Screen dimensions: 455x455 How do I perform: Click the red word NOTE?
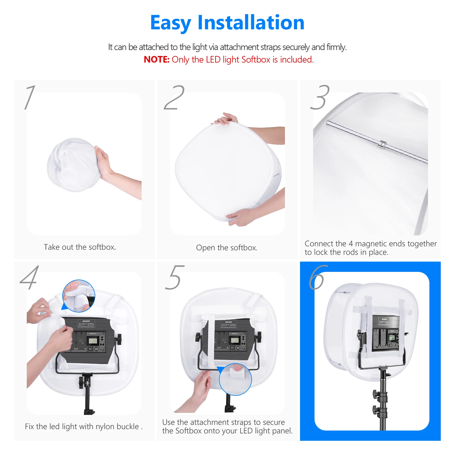156,59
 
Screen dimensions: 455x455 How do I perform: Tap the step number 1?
30,97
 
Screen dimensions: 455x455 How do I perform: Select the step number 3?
320,97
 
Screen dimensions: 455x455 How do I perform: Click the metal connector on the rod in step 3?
382,144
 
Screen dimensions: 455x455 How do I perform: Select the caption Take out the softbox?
80,247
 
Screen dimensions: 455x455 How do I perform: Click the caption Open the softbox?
227,248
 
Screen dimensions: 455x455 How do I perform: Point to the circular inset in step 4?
79,296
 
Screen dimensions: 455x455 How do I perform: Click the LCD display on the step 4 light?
93,340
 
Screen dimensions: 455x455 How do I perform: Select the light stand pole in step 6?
383,404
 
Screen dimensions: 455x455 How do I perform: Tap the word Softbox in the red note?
256,59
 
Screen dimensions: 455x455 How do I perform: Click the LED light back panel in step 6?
386,333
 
